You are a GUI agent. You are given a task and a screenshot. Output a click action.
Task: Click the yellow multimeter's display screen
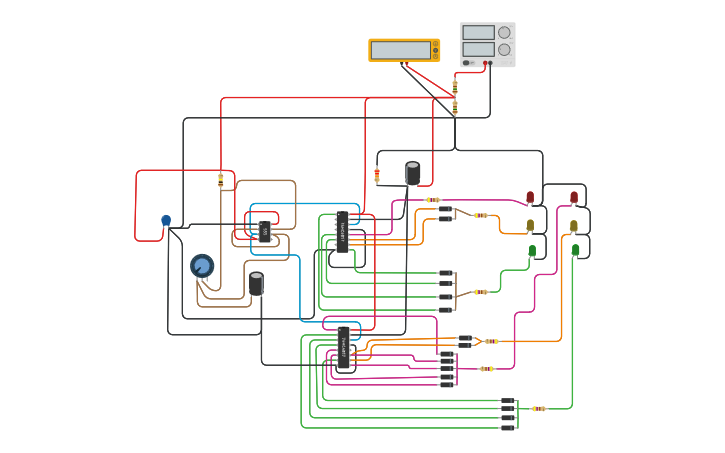click(x=401, y=50)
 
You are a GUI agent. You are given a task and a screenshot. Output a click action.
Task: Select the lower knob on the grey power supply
click(x=504, y=50)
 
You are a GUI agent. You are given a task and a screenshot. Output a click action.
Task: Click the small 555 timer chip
click(x=264, y=232)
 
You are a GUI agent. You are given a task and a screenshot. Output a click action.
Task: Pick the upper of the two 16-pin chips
click(x=342, y=232)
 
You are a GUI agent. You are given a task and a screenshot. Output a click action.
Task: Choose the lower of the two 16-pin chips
click(x=343, y=348)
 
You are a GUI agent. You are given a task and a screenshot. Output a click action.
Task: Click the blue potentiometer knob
click(x=202, y=266)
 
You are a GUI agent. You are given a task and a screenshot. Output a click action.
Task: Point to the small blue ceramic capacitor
click(x=166, y=221)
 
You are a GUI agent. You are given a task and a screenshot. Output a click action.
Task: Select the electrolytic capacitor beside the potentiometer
click(x=256, y=284)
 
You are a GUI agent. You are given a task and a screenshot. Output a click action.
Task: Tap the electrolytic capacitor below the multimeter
click(x=413, y=173)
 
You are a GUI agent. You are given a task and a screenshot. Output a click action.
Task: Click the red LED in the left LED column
click(x=530, y=198)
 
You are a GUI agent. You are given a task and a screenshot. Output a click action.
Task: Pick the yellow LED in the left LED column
click(x=530, y=225)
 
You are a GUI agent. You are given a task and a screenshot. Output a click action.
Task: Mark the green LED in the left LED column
click(x=532, y=251)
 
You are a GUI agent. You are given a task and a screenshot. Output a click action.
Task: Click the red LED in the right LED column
click(x=574, y=198)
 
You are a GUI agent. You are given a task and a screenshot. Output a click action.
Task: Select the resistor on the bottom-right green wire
click(x=539, y=408)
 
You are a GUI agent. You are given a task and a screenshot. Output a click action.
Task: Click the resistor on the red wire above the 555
click(x=221, y=180)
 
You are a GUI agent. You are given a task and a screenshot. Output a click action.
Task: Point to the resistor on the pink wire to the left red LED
click(x=433, y=200)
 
